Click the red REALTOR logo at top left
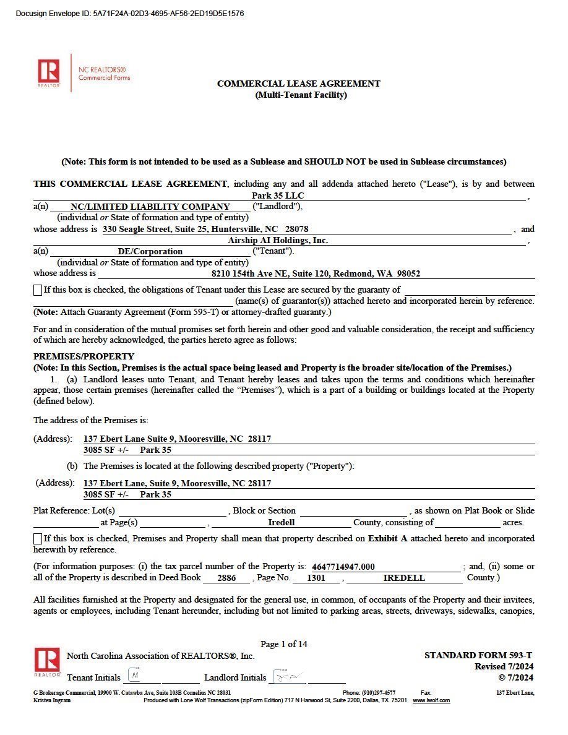(48, 71)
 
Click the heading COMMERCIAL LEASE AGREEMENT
(298, 84)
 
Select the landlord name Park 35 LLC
(278, 196)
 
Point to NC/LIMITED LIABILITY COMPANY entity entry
(150, 207)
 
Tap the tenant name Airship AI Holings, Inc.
(278, 240)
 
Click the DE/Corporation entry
(150, 251)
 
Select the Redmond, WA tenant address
(316, 273)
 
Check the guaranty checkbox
(38, 290)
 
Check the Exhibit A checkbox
(38, 538)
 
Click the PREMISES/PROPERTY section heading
(84, 356)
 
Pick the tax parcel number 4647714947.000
(343, 567)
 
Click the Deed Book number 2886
(226, 578)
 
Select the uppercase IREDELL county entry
(404, 578)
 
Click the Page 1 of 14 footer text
(284, 644)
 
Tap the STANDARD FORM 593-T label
(478, 655)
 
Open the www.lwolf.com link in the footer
(431, 700)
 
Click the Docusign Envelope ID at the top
(129, 14)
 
